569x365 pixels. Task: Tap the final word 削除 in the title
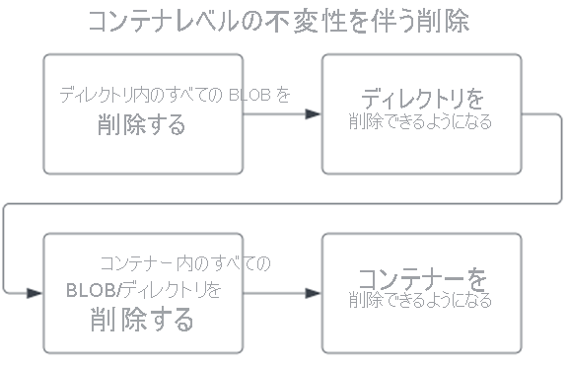tap(445, 23)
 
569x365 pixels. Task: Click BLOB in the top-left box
tap(250, 96)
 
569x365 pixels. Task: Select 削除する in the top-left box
tap(142, 125)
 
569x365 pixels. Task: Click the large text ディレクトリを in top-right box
tap(421, 100)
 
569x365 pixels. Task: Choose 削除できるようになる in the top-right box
tap(421, 123)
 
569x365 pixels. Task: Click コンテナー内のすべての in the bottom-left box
tap(184, 263)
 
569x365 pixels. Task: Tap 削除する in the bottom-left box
tap(142, 320)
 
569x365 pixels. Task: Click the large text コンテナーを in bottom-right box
tap(421, 278)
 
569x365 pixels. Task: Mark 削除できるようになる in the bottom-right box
tap(421, 301)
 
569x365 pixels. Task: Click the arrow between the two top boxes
tap(282, 114)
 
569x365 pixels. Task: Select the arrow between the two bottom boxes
tap(282, 293)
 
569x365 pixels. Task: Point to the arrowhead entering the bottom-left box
tap(36, 293)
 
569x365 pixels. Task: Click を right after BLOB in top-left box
tap(284, 96)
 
